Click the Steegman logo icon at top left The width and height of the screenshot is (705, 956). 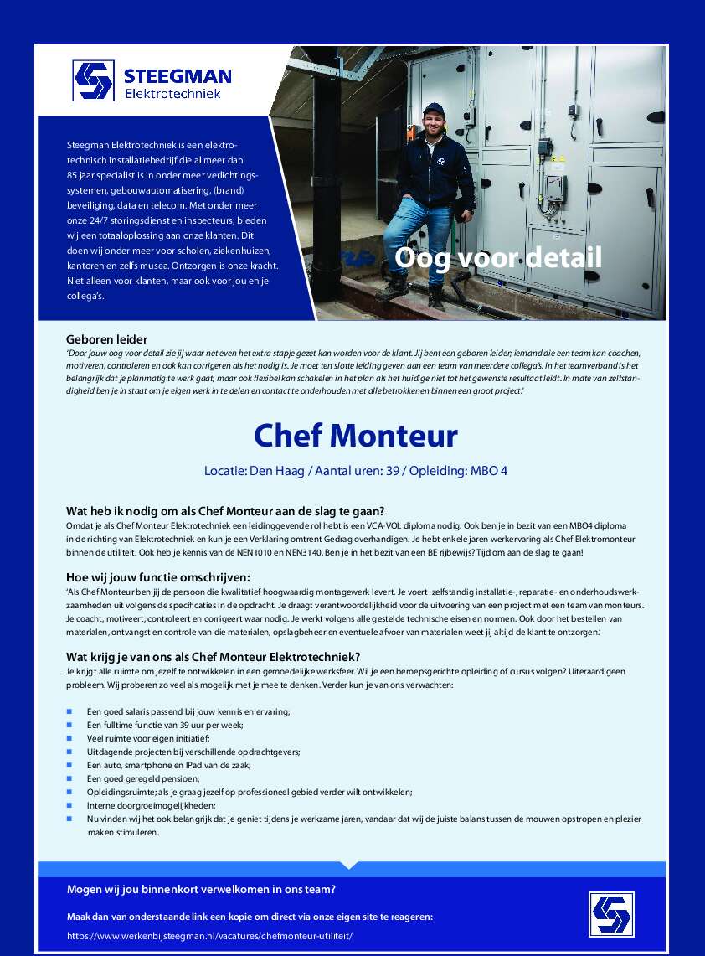tap(93, 80)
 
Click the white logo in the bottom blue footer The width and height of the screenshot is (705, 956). tap(610, 914)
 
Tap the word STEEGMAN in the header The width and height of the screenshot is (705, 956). tap(178, 75)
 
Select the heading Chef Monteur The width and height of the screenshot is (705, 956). tap(356, 436)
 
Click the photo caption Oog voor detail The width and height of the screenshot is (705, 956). tap(498, 257)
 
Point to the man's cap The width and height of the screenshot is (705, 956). tap(433, 109)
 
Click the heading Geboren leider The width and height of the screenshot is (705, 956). tap(106, 339)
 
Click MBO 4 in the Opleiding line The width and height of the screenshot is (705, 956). tap(489, 471)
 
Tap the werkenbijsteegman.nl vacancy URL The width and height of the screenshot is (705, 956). tap(209, 935)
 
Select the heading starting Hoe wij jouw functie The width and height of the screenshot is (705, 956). tap(158, 576)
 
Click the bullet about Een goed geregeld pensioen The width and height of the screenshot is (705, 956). tap(143, 778)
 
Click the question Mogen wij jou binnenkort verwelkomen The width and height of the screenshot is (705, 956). tap(201, 890)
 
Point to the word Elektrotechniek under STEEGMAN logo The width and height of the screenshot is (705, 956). tap(172, 94)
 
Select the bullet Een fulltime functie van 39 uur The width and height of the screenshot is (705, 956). tap(165, 725)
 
